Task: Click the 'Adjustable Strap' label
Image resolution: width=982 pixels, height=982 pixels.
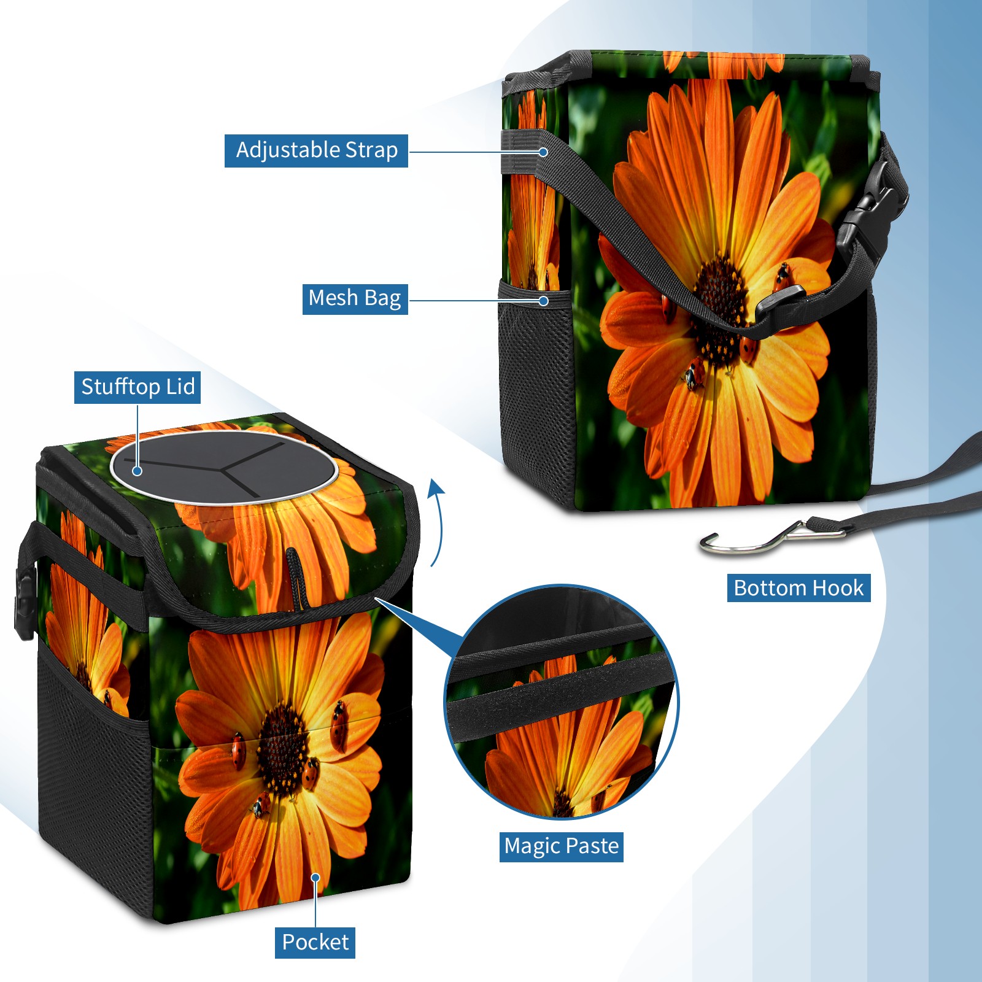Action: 316,150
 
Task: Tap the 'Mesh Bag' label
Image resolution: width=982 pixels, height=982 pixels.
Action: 355,299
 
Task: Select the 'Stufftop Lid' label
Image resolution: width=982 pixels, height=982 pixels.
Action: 137,387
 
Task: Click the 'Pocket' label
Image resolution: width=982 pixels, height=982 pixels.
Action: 315,942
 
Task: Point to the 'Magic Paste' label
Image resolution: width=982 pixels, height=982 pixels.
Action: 562,846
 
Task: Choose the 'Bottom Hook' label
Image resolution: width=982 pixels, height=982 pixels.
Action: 798,588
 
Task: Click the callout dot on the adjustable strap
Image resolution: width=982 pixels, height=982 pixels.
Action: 543,152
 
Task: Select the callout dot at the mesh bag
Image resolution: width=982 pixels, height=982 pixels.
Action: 543,301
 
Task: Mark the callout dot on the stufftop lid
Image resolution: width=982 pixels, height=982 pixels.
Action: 137,471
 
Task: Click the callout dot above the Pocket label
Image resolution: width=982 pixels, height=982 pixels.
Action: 315,878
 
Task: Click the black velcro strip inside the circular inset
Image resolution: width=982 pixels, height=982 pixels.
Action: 560,693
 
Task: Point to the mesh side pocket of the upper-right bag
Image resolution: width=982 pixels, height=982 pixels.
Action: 535,393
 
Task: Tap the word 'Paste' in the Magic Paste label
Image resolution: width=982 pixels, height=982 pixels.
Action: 592,846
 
